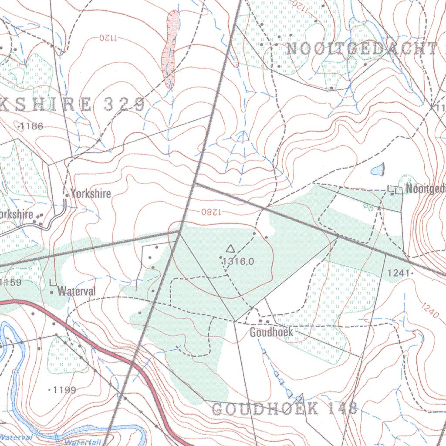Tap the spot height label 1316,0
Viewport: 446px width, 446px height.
pyautogui.click(x=238, y=261)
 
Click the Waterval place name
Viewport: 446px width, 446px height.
pyautogui.click(x=76, y=291)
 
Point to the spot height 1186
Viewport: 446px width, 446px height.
pyautogui.click(x=31, y=127)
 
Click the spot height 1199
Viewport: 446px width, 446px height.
pyautogui.click(x=64, y=390)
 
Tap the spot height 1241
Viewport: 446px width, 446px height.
pyautogui.click(x=399, y=273)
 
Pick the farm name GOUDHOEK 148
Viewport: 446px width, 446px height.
pyautogui.click(x=284, y=409)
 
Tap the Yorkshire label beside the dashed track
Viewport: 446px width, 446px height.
pyautogui.click(x=91, y=193)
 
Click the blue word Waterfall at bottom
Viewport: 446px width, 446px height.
pyautogui.click(x=83, y=442)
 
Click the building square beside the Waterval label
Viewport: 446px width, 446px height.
pyautogui.click(x=52, y=292)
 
